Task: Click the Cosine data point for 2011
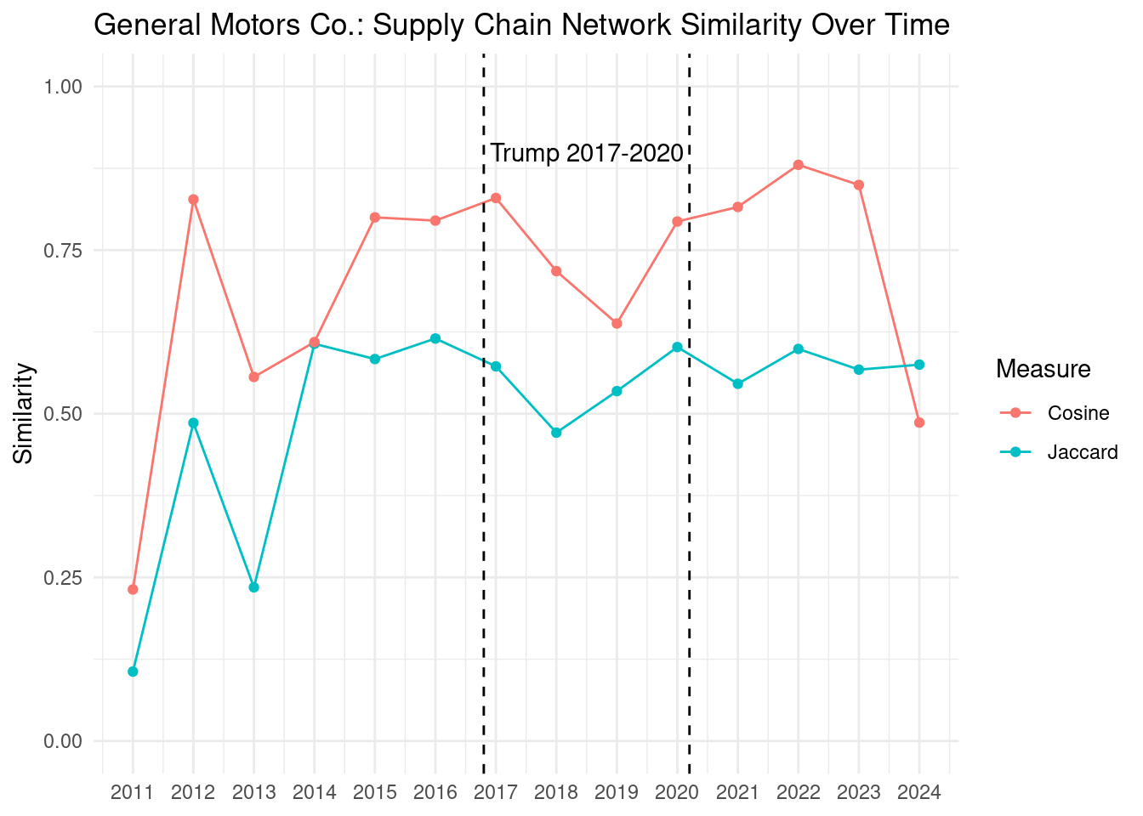133,589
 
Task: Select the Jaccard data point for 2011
133,671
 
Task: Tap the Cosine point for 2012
193,200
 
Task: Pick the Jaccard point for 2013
253,587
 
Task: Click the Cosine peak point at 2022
798,165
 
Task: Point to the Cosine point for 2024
919,422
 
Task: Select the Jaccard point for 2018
556,433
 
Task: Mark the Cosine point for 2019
617,323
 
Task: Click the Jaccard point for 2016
435,338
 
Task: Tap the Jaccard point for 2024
919,365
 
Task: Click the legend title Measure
1043,369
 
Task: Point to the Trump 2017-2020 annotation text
587,153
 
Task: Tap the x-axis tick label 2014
314,793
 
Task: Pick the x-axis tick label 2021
737,793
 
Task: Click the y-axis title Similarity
24,414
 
